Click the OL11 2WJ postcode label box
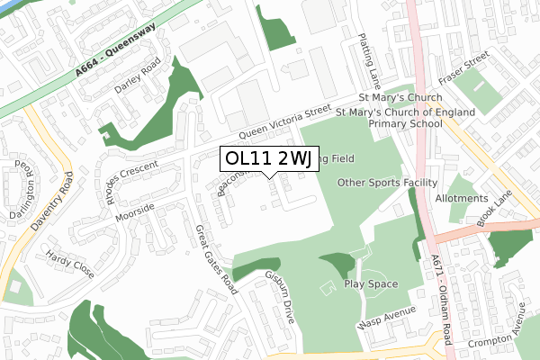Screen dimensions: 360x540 [268, 158]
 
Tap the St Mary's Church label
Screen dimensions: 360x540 [400, 97]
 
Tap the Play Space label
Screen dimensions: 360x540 [370, 284]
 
